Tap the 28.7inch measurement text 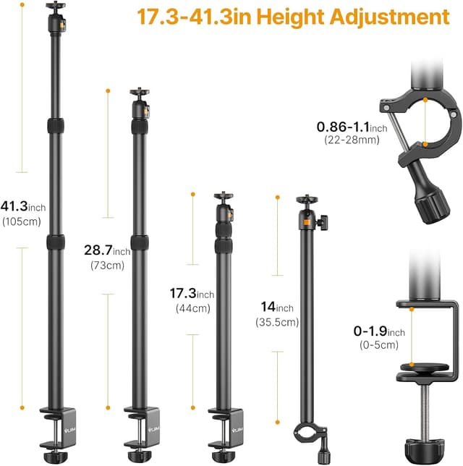(x=107, y=251)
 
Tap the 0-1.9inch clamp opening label (x=379, y=331)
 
